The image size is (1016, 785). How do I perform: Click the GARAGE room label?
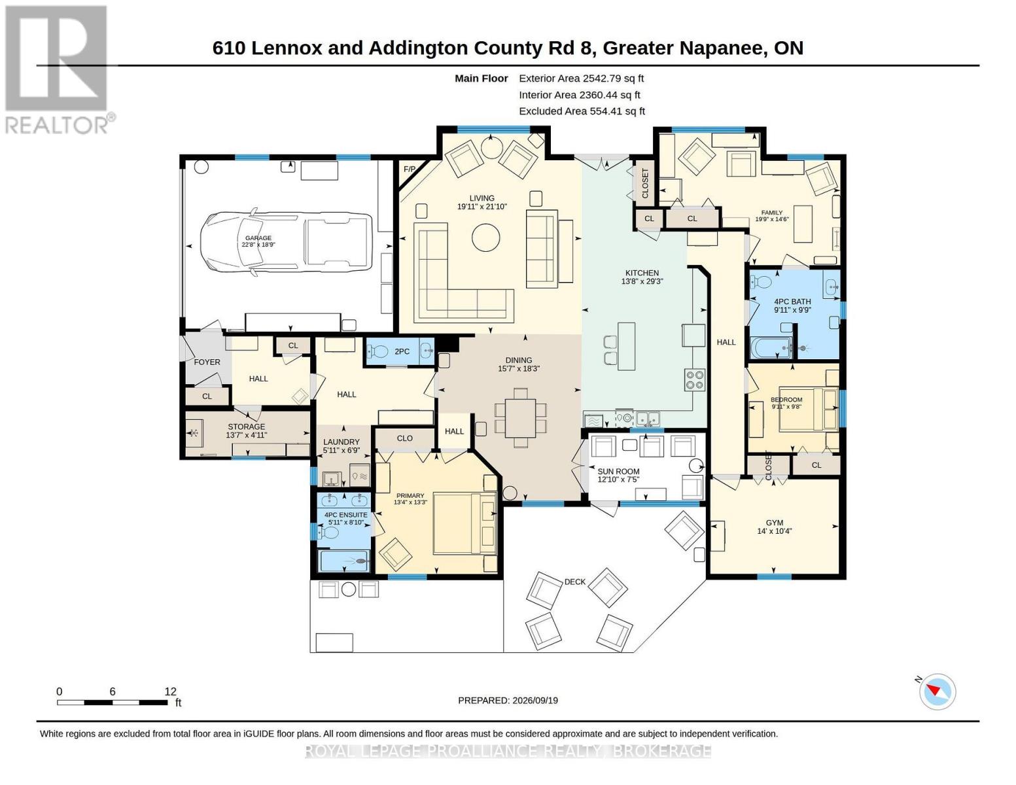(x=258, y=238)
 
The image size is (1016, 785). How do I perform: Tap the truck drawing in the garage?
(x=287, y=242)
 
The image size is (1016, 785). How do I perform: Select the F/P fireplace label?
(x=410, y=169)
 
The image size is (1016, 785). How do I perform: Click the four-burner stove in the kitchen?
(x=694, y=379)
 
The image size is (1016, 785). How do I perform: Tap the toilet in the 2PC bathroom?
(x=377, y=351)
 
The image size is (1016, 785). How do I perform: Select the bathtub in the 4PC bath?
(x=771, y=348)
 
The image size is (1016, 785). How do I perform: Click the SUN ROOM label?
(x=618, y=471)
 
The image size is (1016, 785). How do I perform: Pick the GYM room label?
(x=775, y=523)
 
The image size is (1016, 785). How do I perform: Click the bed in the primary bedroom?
(x=464, y=523)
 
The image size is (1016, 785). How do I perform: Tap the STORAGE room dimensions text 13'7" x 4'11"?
(x=247, y=435)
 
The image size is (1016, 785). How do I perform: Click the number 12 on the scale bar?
(x=171, y=691)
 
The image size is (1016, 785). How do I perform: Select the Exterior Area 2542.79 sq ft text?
(x=581, y=78)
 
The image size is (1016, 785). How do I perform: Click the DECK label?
(x=574, y=582)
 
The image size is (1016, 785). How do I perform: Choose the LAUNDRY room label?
(x=342, y=442)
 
